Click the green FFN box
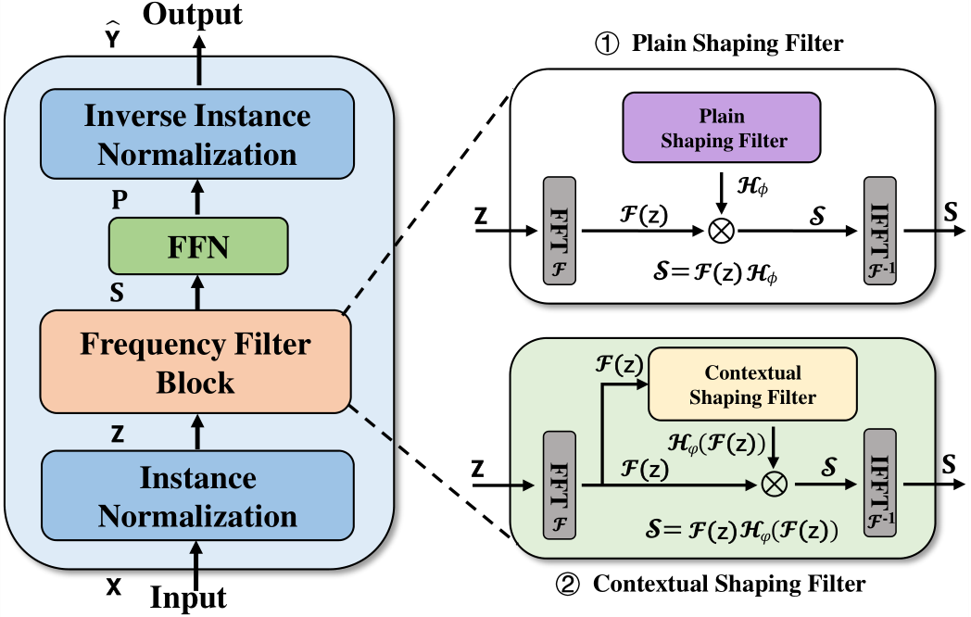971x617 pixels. click(197, 246)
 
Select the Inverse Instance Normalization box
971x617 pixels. click(197, 135)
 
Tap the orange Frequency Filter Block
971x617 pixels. click(195, 363)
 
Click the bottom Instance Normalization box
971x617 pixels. click(197, 497)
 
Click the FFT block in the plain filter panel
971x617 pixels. click(559, 230)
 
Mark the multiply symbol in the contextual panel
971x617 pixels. click(774, 482)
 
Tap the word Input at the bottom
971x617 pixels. click(188, 597)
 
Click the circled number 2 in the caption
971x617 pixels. click(565, 585)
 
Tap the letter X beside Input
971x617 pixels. click(113, 587)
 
